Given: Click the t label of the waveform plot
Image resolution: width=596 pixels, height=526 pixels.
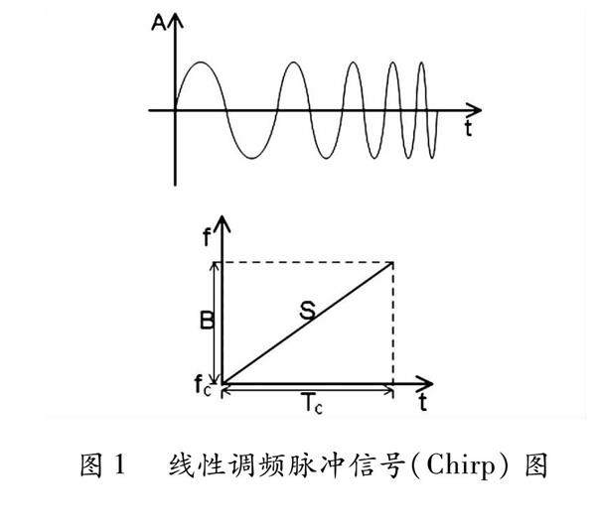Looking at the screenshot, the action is coord(466,129).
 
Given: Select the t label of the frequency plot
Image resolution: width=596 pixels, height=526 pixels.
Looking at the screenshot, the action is coord(423,403).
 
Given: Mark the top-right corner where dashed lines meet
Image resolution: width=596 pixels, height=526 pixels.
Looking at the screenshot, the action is coord(394,262).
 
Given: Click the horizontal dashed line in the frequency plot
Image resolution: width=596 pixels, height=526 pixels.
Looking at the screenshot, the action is coord(308,262).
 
